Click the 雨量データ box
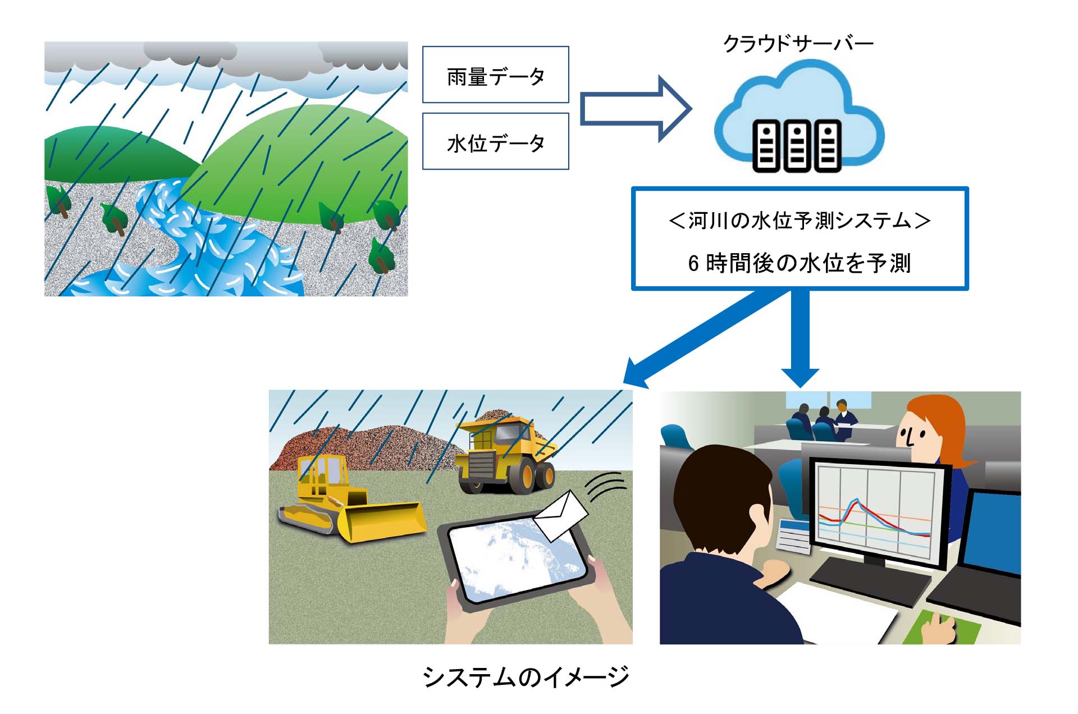[495, 75]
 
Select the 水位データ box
[495, 141]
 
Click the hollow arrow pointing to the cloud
[635, 109]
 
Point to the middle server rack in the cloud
[797, 145]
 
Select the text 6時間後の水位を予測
[800, 263]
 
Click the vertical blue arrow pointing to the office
[800, 338]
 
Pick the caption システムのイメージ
[526, 677]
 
